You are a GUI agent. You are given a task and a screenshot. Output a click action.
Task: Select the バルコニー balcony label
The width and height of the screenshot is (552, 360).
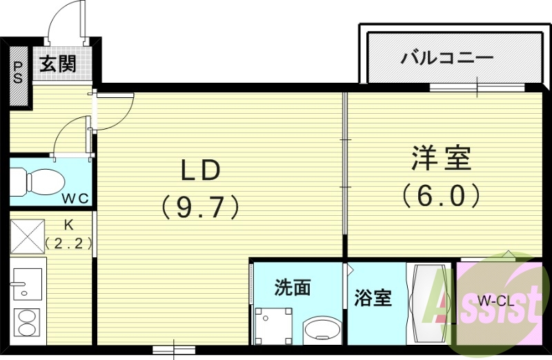tap(447, 57)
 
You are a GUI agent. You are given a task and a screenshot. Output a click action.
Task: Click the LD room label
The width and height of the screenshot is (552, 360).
tap(200, 170)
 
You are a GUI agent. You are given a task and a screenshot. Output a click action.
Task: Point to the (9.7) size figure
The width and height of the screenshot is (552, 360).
tap(200, 206)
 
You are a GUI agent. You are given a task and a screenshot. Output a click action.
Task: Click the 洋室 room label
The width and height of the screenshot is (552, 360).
tap(442, 159)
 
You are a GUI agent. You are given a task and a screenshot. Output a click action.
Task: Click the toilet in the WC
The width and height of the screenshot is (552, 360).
tap(43, 181)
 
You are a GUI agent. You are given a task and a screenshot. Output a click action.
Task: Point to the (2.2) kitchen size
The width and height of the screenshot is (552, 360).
tap(68, 243)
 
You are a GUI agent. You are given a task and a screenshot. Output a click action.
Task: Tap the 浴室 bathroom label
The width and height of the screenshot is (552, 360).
tap(373, 298)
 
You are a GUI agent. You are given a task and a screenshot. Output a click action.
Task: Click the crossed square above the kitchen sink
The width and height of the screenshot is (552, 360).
tap(28, 237)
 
